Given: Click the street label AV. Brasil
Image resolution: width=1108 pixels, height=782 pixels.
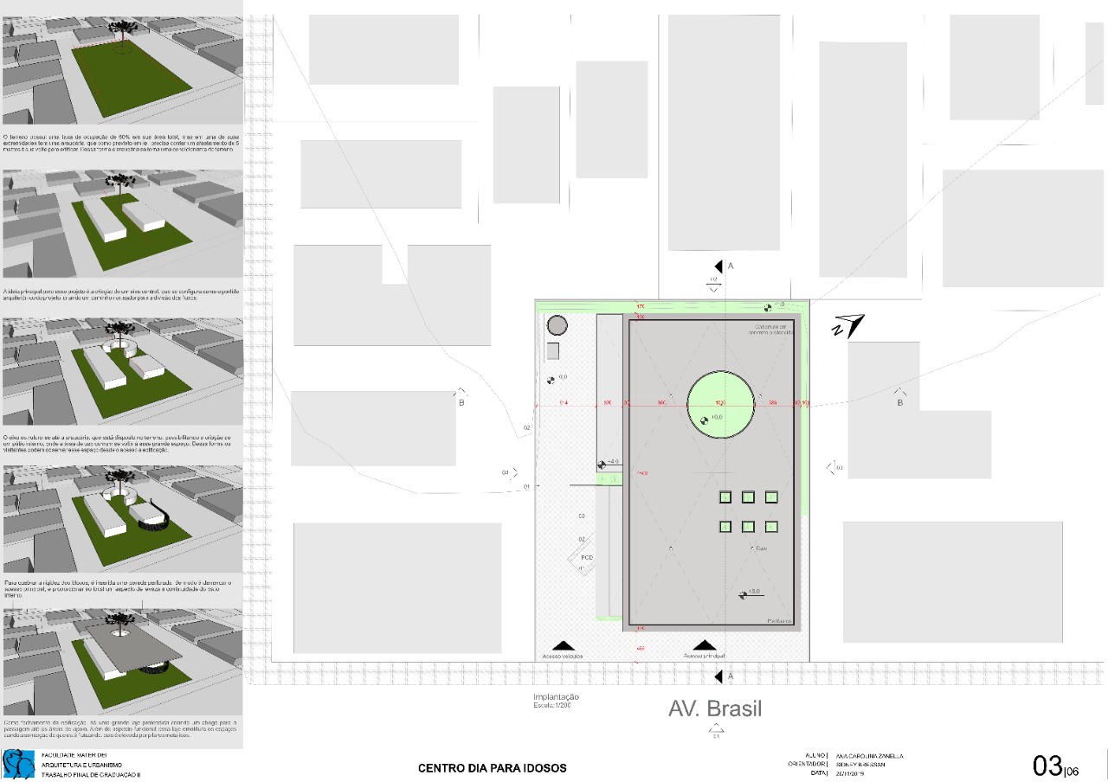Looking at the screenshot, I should tap(715, 708).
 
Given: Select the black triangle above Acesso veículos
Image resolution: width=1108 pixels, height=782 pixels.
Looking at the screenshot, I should tap(564, 645).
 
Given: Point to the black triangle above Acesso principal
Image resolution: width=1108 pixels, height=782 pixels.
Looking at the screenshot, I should tap(704, 645).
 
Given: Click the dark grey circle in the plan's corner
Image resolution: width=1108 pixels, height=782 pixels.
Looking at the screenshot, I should tap(557, 325).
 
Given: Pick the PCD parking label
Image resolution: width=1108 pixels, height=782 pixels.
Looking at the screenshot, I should tap(586, 557).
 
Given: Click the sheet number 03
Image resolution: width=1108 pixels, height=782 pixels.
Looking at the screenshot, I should tap(1047, 766).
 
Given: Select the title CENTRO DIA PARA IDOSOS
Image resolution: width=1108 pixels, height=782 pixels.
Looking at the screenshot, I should tap(493, 768).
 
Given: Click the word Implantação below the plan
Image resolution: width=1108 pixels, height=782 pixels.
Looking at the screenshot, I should tap(556, 697).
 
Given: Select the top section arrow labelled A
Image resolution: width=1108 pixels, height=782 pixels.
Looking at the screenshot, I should tap(718, 266).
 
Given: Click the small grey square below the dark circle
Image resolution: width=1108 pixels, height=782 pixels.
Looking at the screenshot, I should tap(553, 351).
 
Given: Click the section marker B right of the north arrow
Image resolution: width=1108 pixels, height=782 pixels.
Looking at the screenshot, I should tap(900, 397).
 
